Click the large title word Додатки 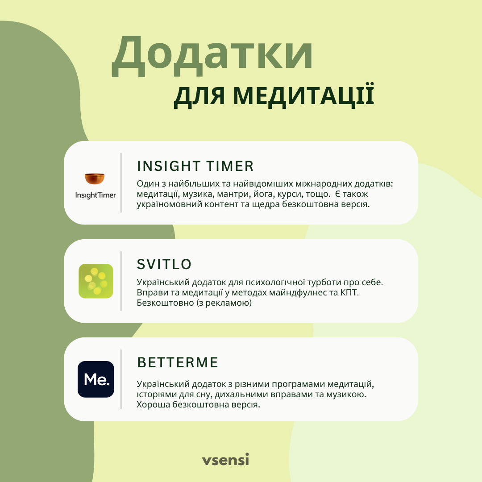point(212,55)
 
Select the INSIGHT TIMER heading point(195,166)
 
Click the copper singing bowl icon point(95,178)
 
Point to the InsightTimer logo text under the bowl point(96,195)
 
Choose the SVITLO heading point(164,264)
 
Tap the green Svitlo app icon point(96,281)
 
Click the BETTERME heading point(178,362)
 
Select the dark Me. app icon point(96,379)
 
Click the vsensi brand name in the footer point(225,460)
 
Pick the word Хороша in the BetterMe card point(153,404)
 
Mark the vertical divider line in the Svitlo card point(121,281)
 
